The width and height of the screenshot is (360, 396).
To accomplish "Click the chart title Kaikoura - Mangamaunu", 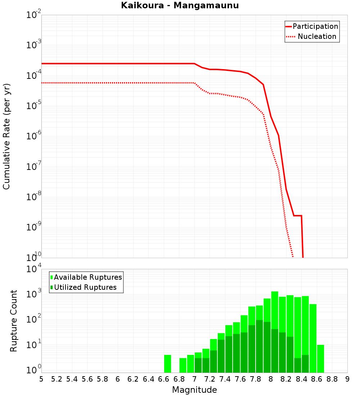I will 180,5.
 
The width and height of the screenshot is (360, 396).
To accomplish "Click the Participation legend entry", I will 312,26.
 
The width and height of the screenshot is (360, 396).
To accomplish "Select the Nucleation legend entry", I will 312,36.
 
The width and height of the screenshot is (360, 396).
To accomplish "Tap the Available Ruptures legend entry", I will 86,277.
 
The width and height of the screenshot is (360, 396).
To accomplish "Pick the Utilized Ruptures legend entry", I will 84,287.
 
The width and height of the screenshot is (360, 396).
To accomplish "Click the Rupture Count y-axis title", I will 14,320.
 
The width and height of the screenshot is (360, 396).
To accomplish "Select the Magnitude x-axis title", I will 194,390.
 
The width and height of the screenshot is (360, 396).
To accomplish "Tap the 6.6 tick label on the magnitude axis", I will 164,379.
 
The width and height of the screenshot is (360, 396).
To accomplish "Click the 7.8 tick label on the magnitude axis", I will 256,379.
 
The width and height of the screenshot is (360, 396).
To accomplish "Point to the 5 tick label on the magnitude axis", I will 41,379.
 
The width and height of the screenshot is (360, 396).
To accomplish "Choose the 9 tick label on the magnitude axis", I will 347,379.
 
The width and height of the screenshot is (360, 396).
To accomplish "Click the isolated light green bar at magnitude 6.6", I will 167,364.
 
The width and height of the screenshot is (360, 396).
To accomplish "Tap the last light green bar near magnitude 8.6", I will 320,359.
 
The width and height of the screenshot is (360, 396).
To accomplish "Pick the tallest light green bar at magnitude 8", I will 275,310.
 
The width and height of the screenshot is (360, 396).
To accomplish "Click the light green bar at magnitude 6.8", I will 183,365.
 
